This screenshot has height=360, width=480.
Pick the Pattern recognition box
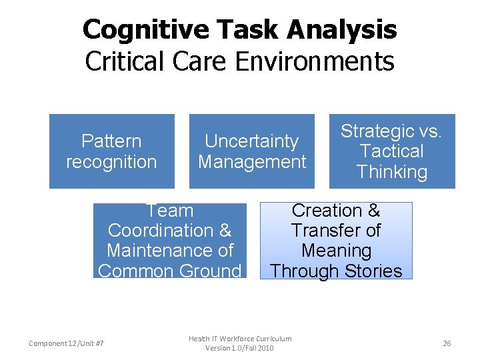point(111,151)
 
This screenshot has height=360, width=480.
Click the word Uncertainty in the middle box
point(251,141)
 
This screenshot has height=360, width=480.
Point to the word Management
point(251,162)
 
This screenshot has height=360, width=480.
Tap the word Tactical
point(391,151)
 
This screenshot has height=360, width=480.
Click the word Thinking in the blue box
point(391,172)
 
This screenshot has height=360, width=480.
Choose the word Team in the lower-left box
point(169,211)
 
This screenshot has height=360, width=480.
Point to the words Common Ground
point(169,271)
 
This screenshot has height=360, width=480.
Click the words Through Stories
point(336,271)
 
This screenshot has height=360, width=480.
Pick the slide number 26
point(447,343)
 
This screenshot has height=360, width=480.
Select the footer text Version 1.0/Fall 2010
point(239,348)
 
